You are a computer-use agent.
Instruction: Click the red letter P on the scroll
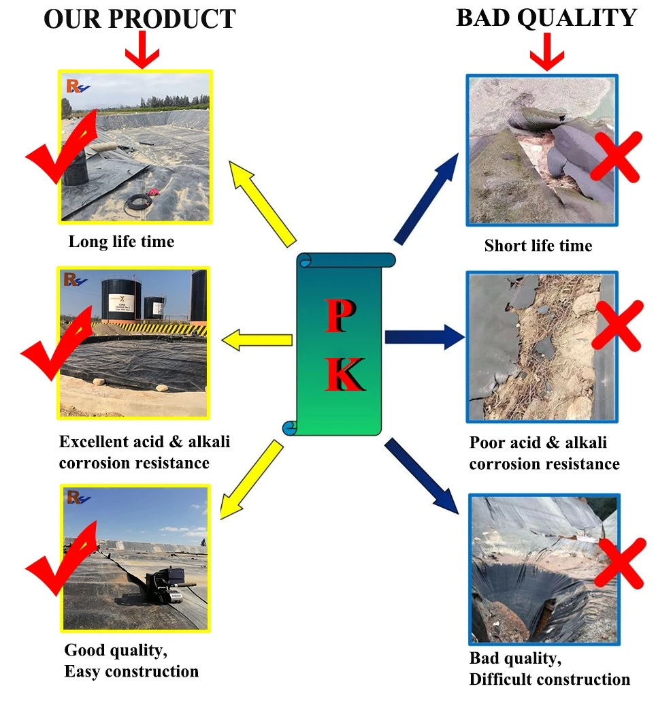[x=340, y=316]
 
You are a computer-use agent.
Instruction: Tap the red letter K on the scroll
[x=345, y=374]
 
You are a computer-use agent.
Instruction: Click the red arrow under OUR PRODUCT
[x=142, y=50]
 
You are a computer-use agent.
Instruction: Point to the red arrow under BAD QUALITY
[x=547, y=52]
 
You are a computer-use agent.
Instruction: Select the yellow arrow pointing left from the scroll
[x=257, y=340]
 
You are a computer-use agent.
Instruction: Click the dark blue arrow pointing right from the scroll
[x=425, y=337]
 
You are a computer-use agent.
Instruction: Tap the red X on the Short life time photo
[x=617, y=157]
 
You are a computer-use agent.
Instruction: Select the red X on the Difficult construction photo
[x=620, y=563]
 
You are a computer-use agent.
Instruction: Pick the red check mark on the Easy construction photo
[x=61, y=559]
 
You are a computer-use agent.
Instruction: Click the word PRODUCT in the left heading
[x=172, y=19]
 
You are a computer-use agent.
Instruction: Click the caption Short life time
[x=538, y=246]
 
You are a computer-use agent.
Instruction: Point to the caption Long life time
[x=121, y=242]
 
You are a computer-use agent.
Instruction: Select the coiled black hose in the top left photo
[x=138, y=202]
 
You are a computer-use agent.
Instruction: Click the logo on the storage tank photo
[x=75, y=280]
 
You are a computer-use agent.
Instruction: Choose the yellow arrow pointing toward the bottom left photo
[x=252, y=479]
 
